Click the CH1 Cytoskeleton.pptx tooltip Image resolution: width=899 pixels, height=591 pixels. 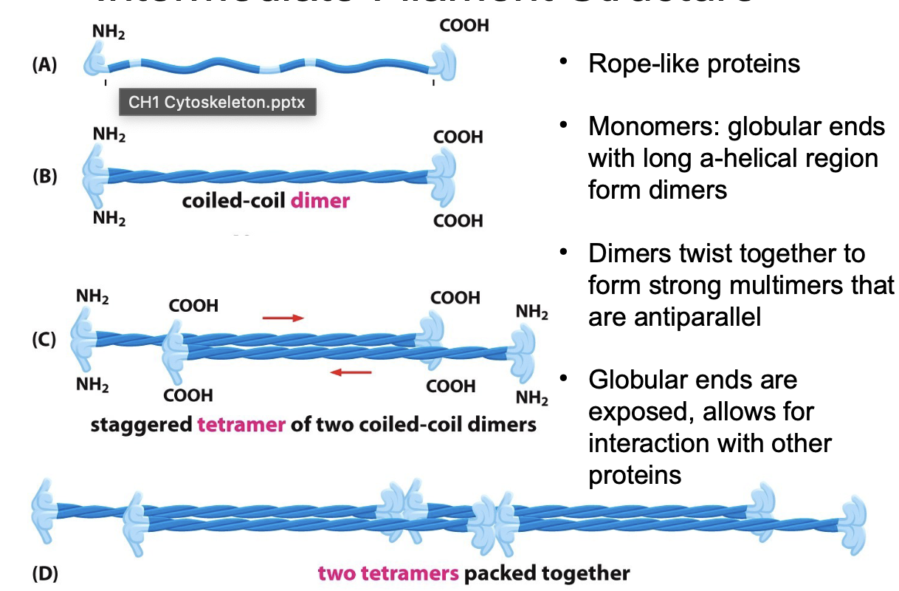(x=217, y=102)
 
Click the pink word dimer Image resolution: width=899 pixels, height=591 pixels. (x=320, y=201)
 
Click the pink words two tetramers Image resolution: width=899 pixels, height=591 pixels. (x=387, y=573)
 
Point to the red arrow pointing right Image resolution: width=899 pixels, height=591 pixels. (x=283, y=318)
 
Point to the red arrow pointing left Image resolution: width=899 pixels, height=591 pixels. (x=351, y=372)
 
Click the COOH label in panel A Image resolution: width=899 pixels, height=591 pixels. (x=464, y=26)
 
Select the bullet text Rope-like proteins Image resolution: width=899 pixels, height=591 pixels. (x=694, y=64)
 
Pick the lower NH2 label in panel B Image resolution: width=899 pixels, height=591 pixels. (x=109, y=219)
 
